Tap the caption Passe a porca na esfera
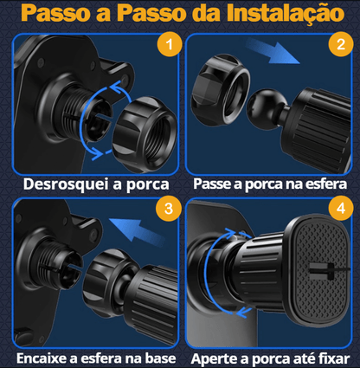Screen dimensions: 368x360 coord(270,184)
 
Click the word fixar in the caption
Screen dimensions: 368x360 coord(334,358)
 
